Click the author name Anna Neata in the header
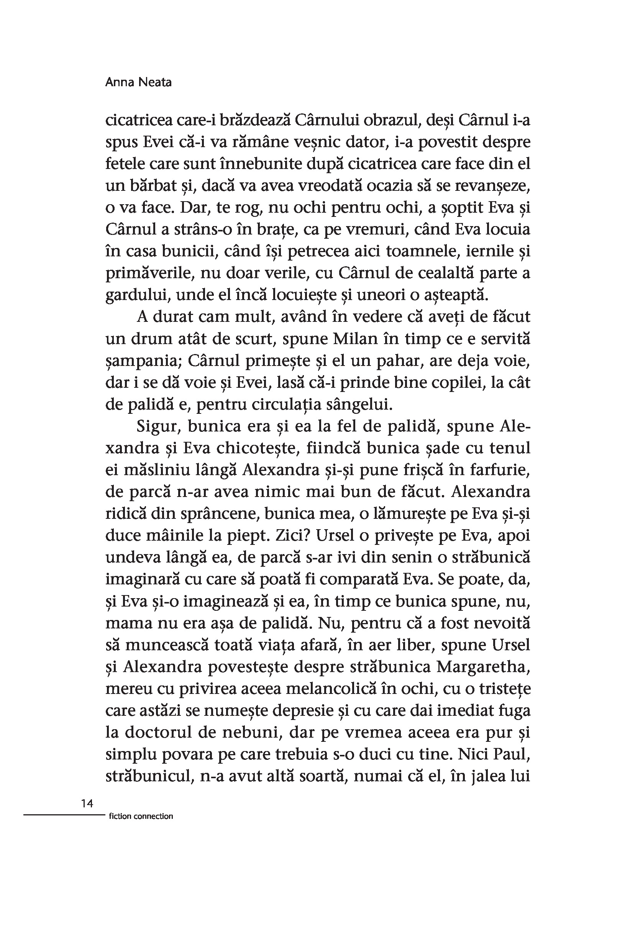point(138,82)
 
